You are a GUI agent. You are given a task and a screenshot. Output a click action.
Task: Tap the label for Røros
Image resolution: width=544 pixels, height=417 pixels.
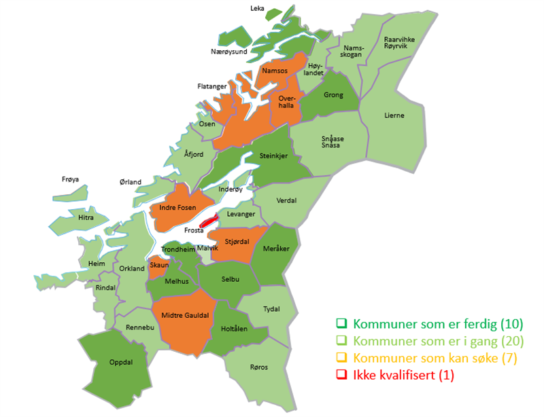(258, 367)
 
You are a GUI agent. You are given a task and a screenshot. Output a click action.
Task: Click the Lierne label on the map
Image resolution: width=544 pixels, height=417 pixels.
(394, 115)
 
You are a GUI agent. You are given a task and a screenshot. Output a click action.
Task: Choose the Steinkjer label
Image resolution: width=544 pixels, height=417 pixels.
(274, 156)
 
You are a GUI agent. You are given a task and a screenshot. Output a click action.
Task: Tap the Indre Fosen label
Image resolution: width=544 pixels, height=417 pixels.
(177, 207)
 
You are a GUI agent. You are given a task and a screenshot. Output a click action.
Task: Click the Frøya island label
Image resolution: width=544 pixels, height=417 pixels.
(70, 179)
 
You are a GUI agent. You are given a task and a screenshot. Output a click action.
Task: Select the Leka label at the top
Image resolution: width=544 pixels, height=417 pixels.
(257, 9)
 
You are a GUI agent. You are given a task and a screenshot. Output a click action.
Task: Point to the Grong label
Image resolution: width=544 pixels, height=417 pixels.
(333, 95)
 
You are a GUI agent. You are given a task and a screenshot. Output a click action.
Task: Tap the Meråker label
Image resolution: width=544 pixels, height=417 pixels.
(278, 249)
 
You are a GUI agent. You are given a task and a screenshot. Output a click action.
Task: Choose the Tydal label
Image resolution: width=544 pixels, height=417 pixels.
(271, 308)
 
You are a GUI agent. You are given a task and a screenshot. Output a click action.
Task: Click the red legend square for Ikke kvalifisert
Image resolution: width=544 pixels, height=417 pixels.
(342, 374)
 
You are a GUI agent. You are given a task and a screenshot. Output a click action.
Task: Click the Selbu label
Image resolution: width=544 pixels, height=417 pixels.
(230, 278)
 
